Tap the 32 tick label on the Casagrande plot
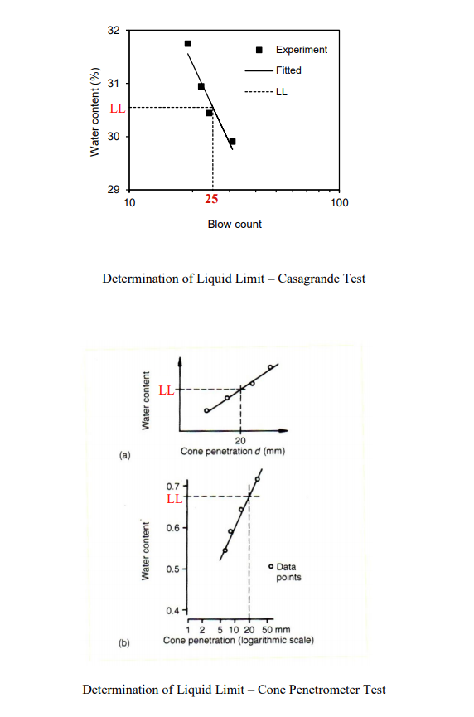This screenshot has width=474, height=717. coord(114,31)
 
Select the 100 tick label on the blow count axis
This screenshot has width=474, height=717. coord(339,202)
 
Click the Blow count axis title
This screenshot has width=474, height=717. coord(235,225)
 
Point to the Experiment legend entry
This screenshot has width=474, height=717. coord(301,50)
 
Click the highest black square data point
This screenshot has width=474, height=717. coord(187,43)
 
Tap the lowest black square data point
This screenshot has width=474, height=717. coord(232,142)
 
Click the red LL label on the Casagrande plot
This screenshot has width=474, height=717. coord(118,108)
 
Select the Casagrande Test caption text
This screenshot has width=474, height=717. coord(234,279)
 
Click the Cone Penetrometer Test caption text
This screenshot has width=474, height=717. coord(234,690)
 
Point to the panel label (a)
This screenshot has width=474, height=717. coord(124,455)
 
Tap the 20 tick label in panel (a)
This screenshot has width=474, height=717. coord(240,440)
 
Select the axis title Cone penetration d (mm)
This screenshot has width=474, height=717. coord(234,451)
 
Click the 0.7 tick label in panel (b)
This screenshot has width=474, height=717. coord(172,486)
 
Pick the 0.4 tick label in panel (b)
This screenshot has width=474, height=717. coord(172,611)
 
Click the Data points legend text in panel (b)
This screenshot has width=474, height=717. coord(288,572)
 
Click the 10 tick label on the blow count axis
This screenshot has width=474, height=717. coord(129,202)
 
